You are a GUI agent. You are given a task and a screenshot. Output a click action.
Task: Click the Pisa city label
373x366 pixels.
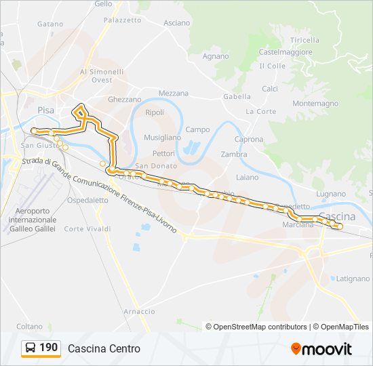click(46, 110)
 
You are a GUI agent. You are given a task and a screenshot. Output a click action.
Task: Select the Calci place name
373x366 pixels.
click(270, 89)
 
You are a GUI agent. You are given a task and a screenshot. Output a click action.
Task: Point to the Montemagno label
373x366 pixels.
click(315, 104)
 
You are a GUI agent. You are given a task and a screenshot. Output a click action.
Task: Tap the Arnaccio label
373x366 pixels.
click(139, 311)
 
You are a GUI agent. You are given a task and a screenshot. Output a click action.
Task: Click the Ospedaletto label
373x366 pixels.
click(88, 201)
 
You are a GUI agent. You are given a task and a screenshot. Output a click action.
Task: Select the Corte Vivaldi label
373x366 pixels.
click(87, 229)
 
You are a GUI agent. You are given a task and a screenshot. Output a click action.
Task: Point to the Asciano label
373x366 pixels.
click(177, 23)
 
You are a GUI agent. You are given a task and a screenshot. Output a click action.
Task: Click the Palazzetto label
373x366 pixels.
click(123, 20)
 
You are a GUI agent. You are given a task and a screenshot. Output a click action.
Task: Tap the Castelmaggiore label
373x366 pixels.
click(286, 52)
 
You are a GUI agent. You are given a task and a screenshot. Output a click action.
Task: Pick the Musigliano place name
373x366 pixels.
click(162, 138)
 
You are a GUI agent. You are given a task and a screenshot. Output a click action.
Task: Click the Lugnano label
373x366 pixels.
click(330, 194)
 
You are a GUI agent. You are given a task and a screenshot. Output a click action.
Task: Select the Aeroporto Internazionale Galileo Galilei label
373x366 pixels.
click(33, 220)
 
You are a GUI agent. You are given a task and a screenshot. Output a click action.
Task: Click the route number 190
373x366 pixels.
click(48, 348)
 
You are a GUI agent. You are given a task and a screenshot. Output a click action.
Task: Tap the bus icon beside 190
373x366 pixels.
click(31, 348)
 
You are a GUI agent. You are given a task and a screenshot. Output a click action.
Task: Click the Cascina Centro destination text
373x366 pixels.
click(104, 348)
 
